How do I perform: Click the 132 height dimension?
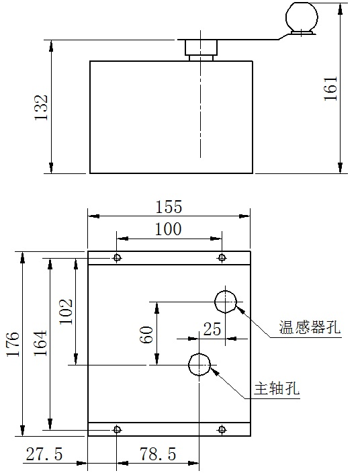(x=41, y=107)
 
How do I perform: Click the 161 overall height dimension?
(x=330, y=89)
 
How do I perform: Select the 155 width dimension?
(x=169, y=207)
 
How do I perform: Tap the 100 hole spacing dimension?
(x=169, y=229)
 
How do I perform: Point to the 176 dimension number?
(x=13, y=344)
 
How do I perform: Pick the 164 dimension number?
(x=40, y=343)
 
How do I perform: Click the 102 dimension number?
(x=66, y=312)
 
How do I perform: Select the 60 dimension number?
(x=146, y=335)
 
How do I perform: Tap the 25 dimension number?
(x=212, y=329)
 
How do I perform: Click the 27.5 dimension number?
(x=44, y=454)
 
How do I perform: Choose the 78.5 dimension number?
(x=158, y=454)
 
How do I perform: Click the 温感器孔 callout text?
(x=310, y=327)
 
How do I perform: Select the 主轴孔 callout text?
(x=277, y=388)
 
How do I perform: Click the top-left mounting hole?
(x=117, y=258)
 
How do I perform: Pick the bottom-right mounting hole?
(x=222, y=429)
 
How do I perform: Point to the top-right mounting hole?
(x=222, y=258)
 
